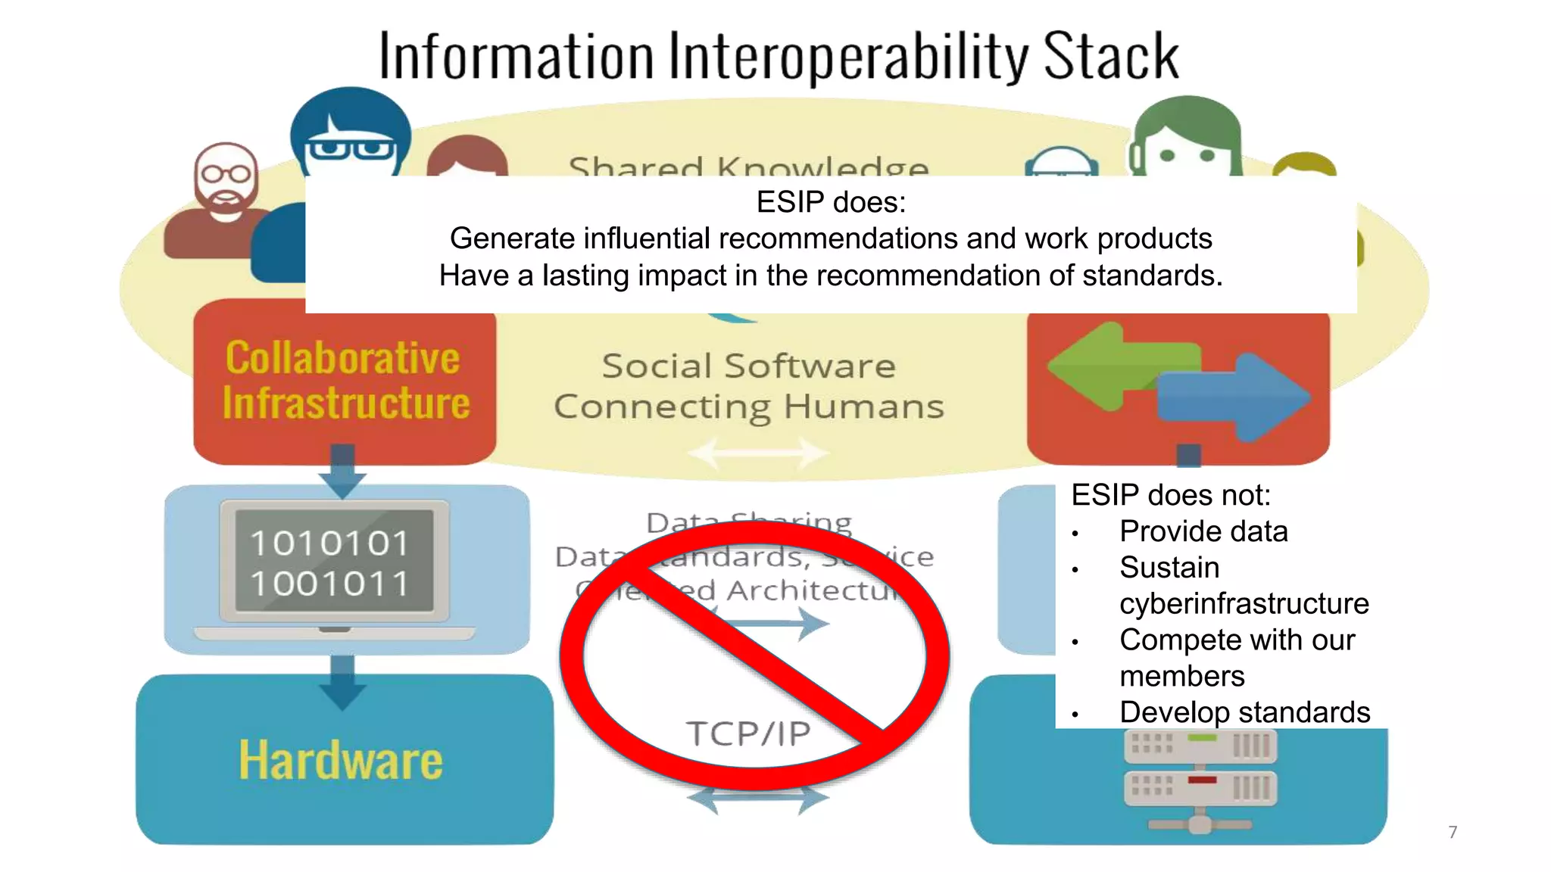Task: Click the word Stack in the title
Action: click(1110, 56)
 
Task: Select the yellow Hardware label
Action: click(340, 760)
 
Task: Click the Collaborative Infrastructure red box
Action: click(345, 381)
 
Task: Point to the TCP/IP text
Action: click(748, 733)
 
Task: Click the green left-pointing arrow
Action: click(1113, 366)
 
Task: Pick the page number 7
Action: click(1453, 832)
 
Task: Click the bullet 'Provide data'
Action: click(1203, 531)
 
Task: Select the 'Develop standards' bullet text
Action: click(1244, 712)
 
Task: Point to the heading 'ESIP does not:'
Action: click(1170, 495)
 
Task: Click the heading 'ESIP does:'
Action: click(831, 202)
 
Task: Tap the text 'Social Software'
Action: click(748, 366)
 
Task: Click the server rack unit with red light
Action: click(1200, 787)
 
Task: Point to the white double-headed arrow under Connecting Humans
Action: click(757, 454)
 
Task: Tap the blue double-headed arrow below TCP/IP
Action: click(757, 799)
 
